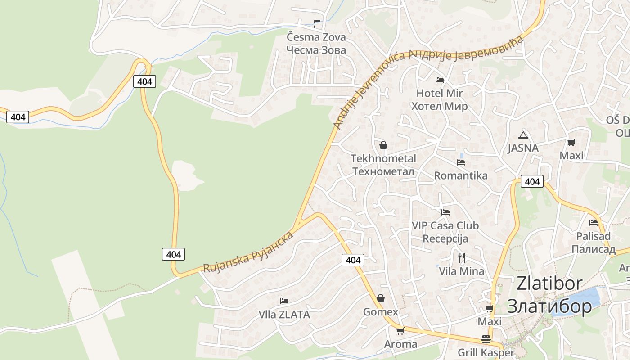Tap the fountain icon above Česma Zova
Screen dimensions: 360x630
pos(317,23)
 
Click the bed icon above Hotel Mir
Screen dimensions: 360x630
pos(440,80)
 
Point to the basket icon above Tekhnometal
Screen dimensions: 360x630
pos(383,145)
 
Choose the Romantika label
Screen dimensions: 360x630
pos(460,175)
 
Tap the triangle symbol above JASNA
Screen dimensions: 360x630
pos(523,135)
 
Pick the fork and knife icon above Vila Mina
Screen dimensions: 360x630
pos(461,258)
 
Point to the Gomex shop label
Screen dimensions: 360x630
pos(381,312)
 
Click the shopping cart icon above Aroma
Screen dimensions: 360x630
pos(400,331)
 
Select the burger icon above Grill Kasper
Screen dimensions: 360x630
pos(486,339)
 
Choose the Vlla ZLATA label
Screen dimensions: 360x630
pos(284,315)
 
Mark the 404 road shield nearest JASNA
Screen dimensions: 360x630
pos(532,181)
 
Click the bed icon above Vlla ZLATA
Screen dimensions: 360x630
pos(284,301)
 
